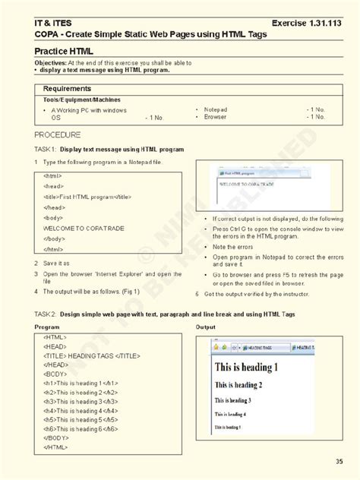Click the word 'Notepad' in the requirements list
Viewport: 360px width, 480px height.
click(x=216, y=109)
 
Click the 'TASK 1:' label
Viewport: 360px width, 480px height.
click(x=45, y=150)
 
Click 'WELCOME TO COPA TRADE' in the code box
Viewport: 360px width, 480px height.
click(x=84, y=228)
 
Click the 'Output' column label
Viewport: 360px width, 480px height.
click(x=206, y=327)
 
